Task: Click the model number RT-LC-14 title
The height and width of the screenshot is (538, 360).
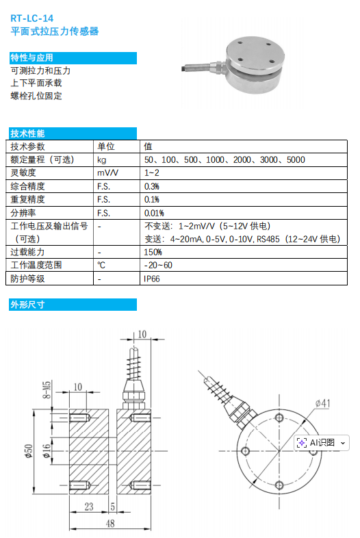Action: coord(32,18)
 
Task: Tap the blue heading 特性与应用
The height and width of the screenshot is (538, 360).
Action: coord(31,57)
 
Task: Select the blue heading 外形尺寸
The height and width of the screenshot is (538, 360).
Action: coord(27,305)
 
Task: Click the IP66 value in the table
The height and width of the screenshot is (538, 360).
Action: coord(152,279)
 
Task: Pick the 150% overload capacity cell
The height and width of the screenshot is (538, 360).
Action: coord(153,252)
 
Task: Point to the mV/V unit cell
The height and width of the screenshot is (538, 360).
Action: coord(107,173)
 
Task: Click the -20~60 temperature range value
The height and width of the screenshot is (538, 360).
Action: coord(158,265)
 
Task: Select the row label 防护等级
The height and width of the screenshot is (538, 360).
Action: coord(27,279)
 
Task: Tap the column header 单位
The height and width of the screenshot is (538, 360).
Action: coord(105,146)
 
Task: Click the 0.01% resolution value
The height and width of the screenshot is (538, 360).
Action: coord(154,213)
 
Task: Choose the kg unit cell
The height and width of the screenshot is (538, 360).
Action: coord(101,160)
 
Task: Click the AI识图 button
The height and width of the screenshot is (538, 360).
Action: coord(322,443)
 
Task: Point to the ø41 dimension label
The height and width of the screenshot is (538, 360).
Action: coord(322,404)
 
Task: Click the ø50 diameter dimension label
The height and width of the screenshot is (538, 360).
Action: coord(29,451)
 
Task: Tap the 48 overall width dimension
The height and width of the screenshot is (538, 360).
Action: coord(110,524)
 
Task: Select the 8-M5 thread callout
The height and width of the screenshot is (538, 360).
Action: coord(47,389)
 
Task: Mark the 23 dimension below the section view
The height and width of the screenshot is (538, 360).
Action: coord(89,507)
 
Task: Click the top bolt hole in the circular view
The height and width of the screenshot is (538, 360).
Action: coord(279,418)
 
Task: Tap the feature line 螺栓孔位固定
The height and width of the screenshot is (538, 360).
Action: coord(36,96)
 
